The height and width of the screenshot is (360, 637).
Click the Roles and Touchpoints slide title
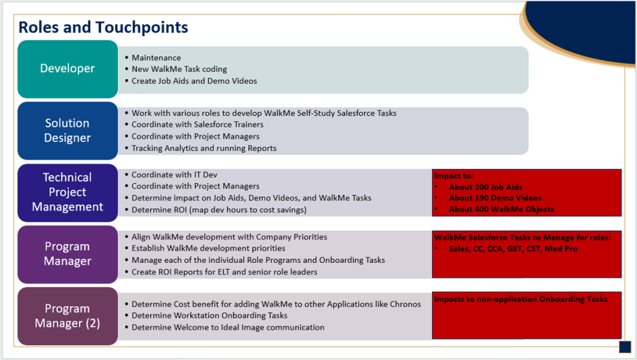103,27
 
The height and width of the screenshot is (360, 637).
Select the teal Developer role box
67,69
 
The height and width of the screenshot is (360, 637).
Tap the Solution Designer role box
67,131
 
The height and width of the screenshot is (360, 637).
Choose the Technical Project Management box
67,192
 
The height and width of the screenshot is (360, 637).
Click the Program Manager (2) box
67,316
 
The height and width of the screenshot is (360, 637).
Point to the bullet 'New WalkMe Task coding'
179,69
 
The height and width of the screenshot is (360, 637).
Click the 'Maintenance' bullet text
156,58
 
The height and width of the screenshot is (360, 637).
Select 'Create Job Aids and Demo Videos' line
194,81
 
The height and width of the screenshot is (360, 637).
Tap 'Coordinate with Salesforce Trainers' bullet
197,125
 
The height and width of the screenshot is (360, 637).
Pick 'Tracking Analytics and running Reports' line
204,148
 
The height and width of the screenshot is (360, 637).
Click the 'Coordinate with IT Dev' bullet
174,175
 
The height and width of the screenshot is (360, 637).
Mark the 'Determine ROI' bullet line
219,210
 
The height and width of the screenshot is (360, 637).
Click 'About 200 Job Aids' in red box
486,187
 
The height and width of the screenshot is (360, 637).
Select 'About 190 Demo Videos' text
495,198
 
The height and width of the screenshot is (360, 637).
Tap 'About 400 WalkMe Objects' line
501,209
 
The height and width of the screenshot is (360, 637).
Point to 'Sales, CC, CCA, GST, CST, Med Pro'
513,249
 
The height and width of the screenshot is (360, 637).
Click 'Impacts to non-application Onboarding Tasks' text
521,299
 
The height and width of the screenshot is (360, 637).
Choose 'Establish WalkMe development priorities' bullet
209,248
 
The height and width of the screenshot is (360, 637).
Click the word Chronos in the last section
405,304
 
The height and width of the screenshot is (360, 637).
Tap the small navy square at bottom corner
625,346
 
